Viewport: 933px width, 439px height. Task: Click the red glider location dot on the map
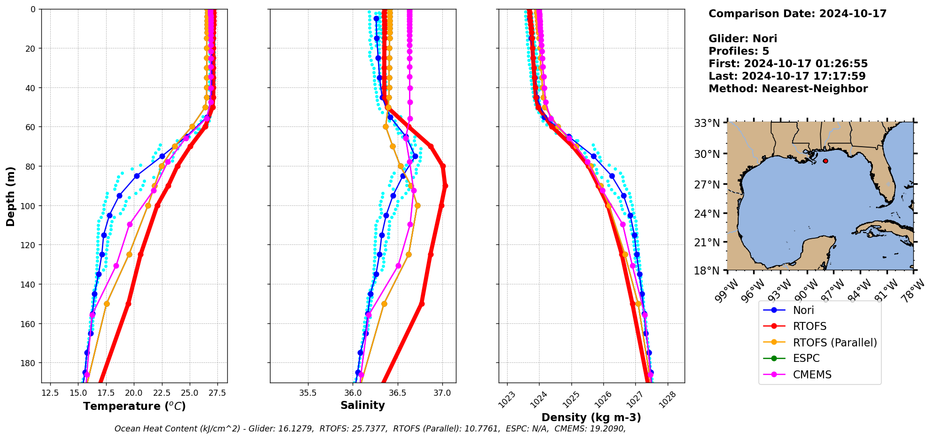pos(825,161)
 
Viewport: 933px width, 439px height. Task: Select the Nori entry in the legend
pos(803,310)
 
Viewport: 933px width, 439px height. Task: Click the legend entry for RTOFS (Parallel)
pos(834,343)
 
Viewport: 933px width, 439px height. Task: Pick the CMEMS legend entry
pos(812,375)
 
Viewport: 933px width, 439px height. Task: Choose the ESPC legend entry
pos(806,359)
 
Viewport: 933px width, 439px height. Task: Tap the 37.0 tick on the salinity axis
pos(442,393)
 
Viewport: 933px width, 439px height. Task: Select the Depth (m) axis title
pos(10,196)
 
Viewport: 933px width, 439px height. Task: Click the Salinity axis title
pos(362,406)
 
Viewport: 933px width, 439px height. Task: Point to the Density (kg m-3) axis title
pos(591,417)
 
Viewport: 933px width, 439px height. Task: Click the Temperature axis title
pos(134,406)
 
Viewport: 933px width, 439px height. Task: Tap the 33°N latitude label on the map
pos(707,123)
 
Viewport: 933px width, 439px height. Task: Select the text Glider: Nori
pos(742,39)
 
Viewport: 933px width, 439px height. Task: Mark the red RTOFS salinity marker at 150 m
pos(422,304)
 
